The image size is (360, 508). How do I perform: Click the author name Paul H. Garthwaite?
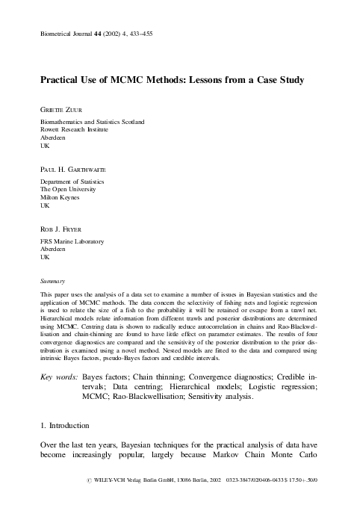point(73,170)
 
